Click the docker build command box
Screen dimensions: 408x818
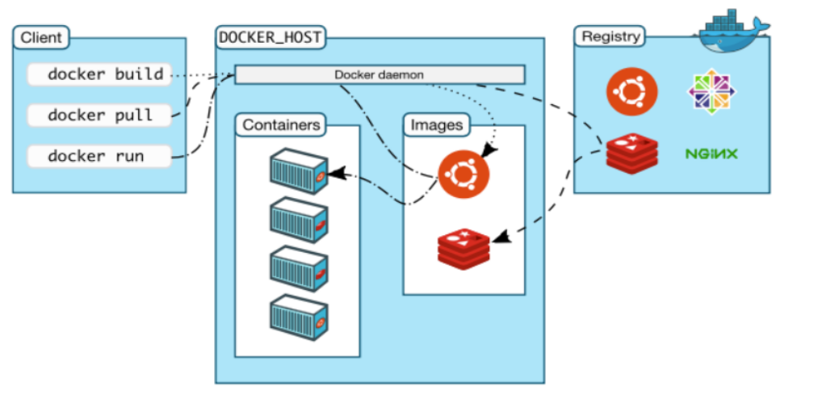[x=99, y=74]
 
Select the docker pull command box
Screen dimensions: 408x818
[x=99, y=115]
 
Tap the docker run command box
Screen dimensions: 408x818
[x=99, y=156]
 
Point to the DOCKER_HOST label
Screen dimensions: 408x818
[x=270, y=37]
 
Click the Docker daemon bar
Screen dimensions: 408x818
[x=380, y=74]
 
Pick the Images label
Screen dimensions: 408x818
[x=437, y=125]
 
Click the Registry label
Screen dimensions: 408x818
[x=611, y=36]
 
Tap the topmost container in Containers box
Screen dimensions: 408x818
[x=299, y=171]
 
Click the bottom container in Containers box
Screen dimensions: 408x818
[x=299, y=318]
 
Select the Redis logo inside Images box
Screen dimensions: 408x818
[x=464, y=248]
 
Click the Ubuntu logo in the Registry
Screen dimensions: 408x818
[x=631, y=90]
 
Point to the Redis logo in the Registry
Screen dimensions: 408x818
[x=631, y=154]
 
